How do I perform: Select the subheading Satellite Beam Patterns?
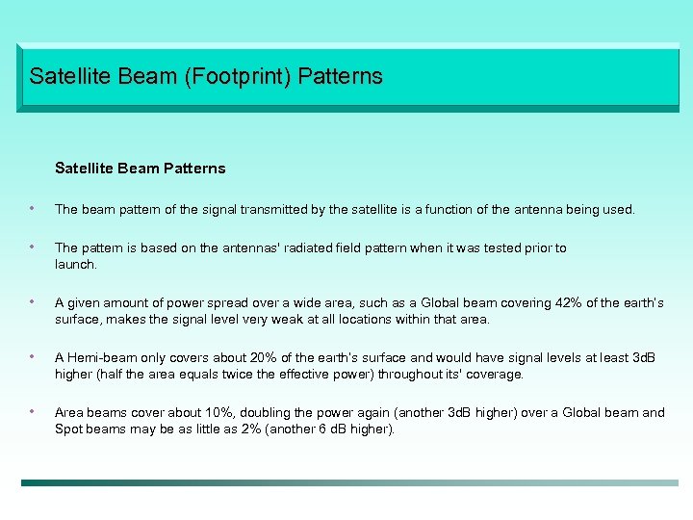point(141,169)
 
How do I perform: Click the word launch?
point(75,264)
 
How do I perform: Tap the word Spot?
point(68,429)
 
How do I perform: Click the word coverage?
point(493,375)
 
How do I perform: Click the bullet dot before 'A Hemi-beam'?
point(33,357)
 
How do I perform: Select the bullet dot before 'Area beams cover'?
point(33,412)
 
